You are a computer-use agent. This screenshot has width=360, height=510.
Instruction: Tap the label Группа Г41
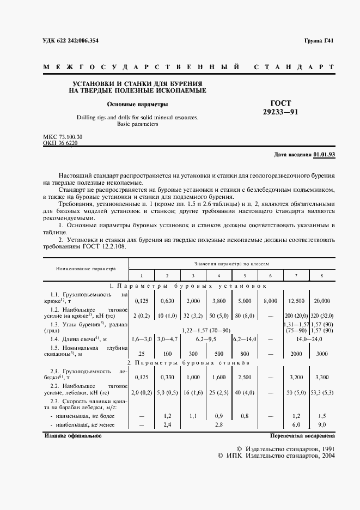[x=319, y=41]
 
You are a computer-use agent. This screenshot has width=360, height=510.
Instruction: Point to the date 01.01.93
[x=325, y=155]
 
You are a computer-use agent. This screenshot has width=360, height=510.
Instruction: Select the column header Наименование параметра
[x=85, y=269]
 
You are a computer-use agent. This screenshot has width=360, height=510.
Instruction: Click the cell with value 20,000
[x=322, y=300]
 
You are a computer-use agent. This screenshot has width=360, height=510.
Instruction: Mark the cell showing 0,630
[x=167, y=300]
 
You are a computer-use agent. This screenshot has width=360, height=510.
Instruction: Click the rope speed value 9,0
[x=322, y=424]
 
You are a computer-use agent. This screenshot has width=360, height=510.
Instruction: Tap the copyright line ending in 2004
[x=277, y=456]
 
